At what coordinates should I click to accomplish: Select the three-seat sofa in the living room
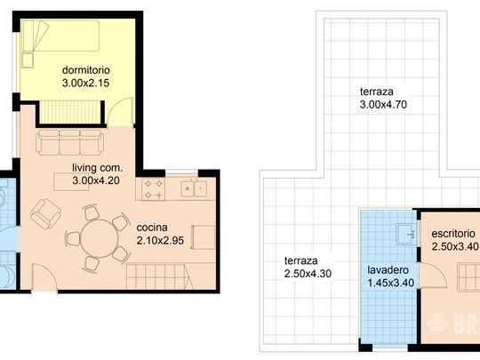[x=68, y=141]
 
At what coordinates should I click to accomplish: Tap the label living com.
[x=97, y=167]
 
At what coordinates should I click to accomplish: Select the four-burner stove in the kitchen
[x=150, y=189]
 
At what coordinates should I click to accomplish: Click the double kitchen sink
[x=193, y=188]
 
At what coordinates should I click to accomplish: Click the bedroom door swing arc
[x=116, y=110]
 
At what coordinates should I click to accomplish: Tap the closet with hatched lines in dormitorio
[x=71, y=112]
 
